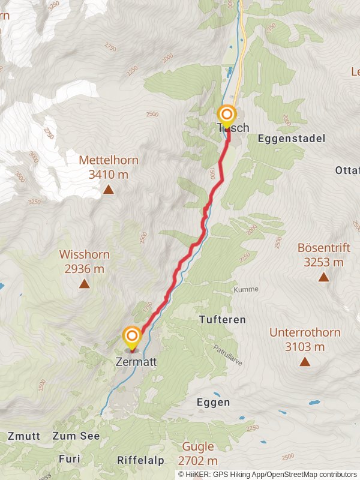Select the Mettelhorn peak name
[109, 160]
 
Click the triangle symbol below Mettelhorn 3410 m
[108, 190]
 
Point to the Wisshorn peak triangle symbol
[84, 284]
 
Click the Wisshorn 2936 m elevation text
[85, 269]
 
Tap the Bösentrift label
[323, 247]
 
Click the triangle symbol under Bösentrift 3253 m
[323, 277]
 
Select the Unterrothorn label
[305, 332]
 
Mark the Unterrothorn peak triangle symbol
[305, 361]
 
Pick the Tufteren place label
[222, 320]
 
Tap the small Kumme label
[247, 289]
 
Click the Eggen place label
[213, 403]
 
